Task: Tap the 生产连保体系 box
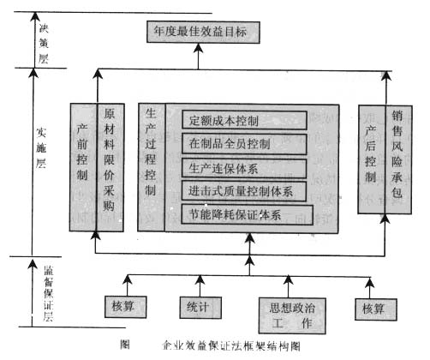click(224, 167)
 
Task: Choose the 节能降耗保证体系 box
click(247, 213)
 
